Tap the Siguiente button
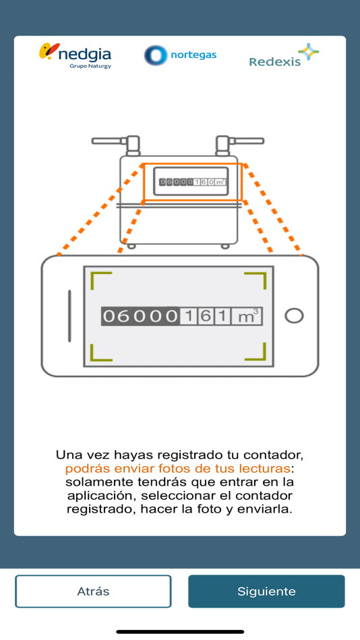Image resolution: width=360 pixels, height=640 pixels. click(x=266, y=591)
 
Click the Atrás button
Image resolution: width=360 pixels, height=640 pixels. click(x=93, y=591)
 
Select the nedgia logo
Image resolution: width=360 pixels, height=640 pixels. click(x=76, y=56)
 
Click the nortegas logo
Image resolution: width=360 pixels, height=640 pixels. click(x=180, y=55)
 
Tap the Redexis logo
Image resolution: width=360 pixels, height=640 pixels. click(x=284, y=55)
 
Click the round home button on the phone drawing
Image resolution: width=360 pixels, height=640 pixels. click(x=294, y=316)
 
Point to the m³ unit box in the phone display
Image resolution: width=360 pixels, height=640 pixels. click(x=247, y=317)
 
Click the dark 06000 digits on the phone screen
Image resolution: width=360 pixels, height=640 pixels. click(x=140, y=317)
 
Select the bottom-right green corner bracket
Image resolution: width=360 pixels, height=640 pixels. click(x=256, y=352)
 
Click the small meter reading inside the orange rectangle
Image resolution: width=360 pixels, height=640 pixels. click(x=192, y=182)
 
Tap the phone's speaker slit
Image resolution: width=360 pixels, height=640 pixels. click(x=69, y=316)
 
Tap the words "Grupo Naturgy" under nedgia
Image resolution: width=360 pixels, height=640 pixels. click(x=90, y=66)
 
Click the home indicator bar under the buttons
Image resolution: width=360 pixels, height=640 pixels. click(x=180, y=632)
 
